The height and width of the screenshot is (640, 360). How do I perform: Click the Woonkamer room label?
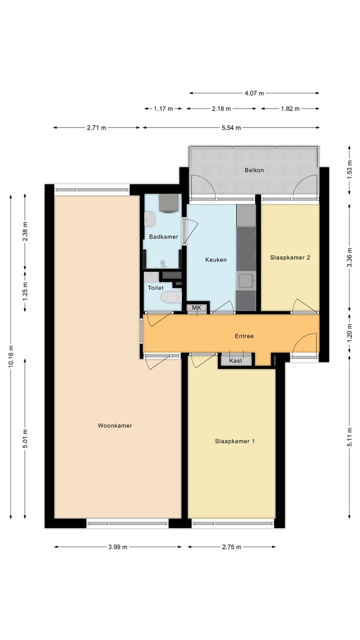114,425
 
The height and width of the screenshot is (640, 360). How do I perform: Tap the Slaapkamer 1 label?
235,441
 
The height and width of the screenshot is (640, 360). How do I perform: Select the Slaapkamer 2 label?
290,257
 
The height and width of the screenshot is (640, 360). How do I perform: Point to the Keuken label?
216,259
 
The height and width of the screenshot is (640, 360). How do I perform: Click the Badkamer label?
163,236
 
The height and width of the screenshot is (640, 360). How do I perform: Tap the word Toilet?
155,288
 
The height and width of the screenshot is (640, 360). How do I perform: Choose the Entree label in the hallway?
244,336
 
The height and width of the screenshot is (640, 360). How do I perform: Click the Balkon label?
254,170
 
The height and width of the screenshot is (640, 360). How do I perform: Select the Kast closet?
236,360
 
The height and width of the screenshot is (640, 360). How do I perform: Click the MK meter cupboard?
196,308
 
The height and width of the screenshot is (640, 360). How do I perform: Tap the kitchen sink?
246,280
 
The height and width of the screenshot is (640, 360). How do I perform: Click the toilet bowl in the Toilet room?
170,298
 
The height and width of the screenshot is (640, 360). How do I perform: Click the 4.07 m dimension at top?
254,93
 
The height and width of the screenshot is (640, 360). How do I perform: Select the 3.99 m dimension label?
117,547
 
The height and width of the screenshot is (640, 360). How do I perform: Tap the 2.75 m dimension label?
231,547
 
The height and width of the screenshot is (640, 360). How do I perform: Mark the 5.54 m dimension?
230,127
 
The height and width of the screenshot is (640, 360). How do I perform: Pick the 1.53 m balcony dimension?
349,170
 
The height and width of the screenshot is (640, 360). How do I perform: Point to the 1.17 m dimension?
163,108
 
